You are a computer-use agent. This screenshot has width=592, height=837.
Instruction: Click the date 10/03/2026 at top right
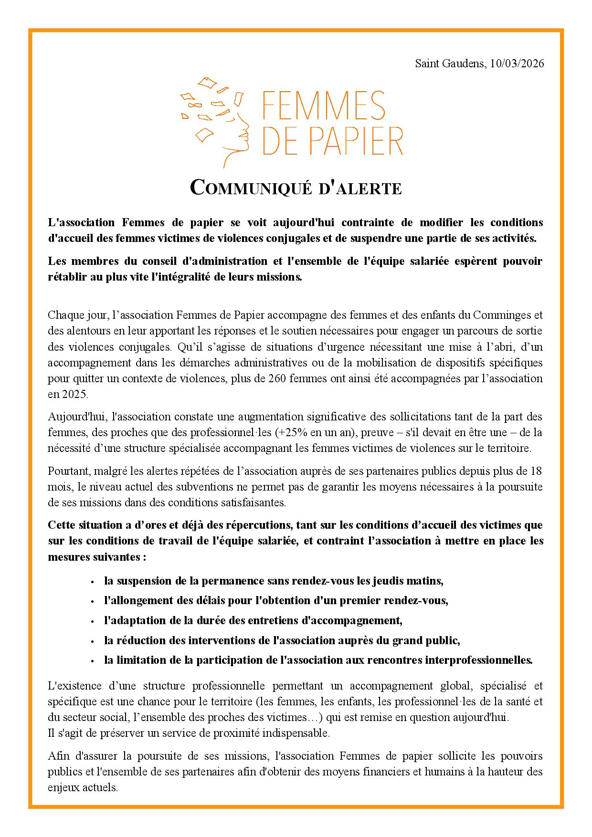pyautogui.click(x=517, y=63)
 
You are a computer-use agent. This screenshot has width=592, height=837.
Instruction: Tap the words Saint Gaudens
pyautogui.click(x=449, y=63)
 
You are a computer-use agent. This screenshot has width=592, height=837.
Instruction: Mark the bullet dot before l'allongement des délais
pyautogui.click(x=92, y=601)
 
